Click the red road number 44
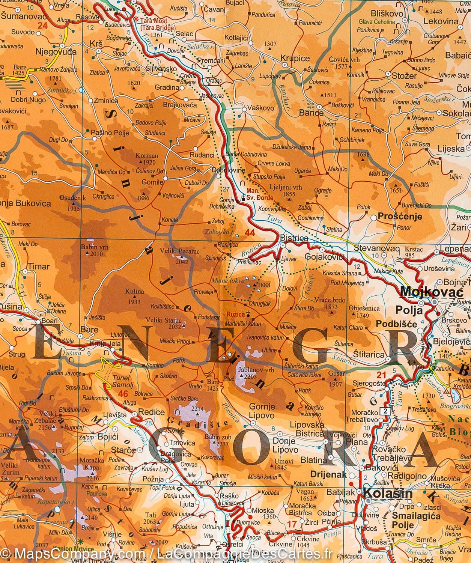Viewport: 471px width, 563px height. click(x=250, y=233)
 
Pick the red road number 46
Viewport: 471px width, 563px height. click(x=123, y=393)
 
